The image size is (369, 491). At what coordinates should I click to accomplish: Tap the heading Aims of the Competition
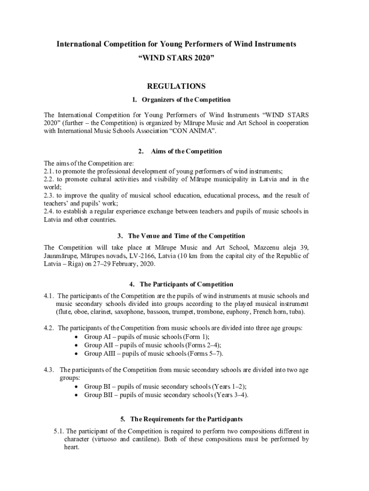point(186,152)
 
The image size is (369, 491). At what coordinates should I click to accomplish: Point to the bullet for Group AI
point(77,337)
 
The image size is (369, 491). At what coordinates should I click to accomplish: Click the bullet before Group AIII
point(77,354)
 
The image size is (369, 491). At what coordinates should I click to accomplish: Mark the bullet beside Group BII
point(77,395)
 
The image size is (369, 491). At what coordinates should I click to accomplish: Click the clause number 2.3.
point(49,196)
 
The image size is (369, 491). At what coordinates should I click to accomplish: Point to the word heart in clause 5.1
point(71,447)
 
